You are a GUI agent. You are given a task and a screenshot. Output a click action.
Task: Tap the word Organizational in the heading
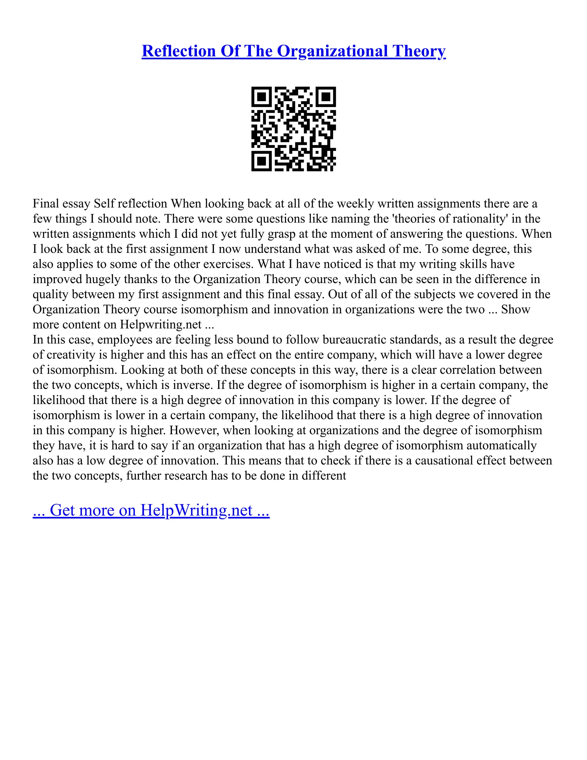(x=332, y=51)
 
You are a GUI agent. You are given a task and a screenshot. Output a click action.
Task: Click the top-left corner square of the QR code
(x=261, y=96)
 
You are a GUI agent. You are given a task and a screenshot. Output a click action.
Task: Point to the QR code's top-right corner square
(x=326, y=96)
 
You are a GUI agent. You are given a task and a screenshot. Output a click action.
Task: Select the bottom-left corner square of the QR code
(x=261, y=161)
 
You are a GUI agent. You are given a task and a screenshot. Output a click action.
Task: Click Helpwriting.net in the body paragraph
(x=161, y=325)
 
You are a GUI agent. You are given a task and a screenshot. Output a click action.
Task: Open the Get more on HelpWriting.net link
(x=151, y=510)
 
